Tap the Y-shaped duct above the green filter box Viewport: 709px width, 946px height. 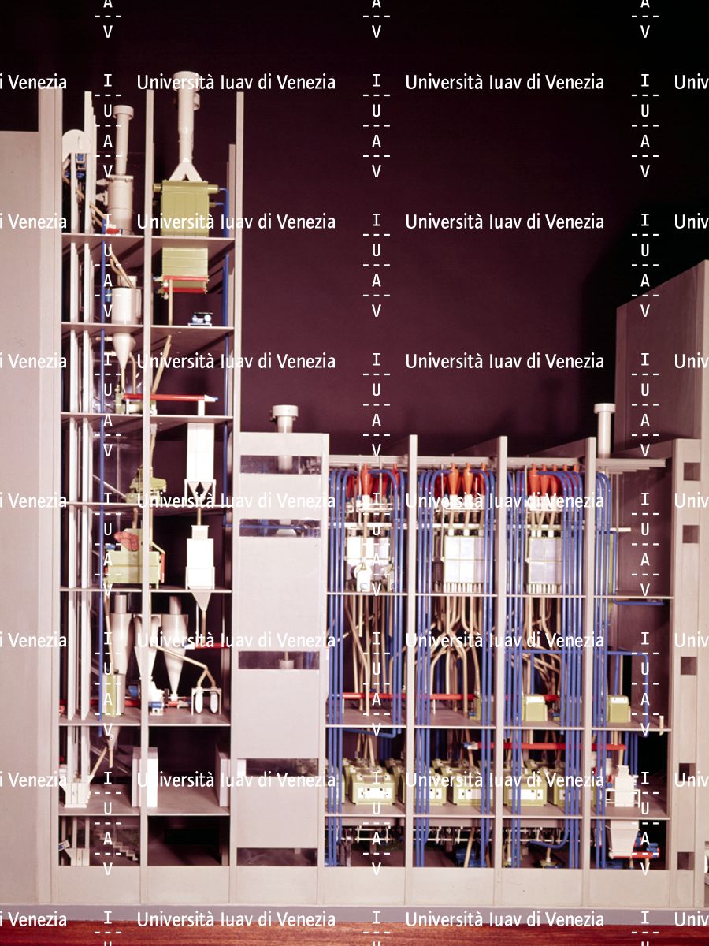tap(186, 169)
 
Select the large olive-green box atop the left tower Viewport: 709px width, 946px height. tap(186, 207)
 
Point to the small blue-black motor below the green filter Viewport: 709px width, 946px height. tap(201, 319)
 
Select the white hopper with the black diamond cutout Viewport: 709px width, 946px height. tap(200, 490)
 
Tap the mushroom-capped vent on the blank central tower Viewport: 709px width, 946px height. tap(284, 413)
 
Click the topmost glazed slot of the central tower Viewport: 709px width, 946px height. tap(280, 464)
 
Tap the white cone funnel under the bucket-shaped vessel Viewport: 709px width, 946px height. tap(123, 350)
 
